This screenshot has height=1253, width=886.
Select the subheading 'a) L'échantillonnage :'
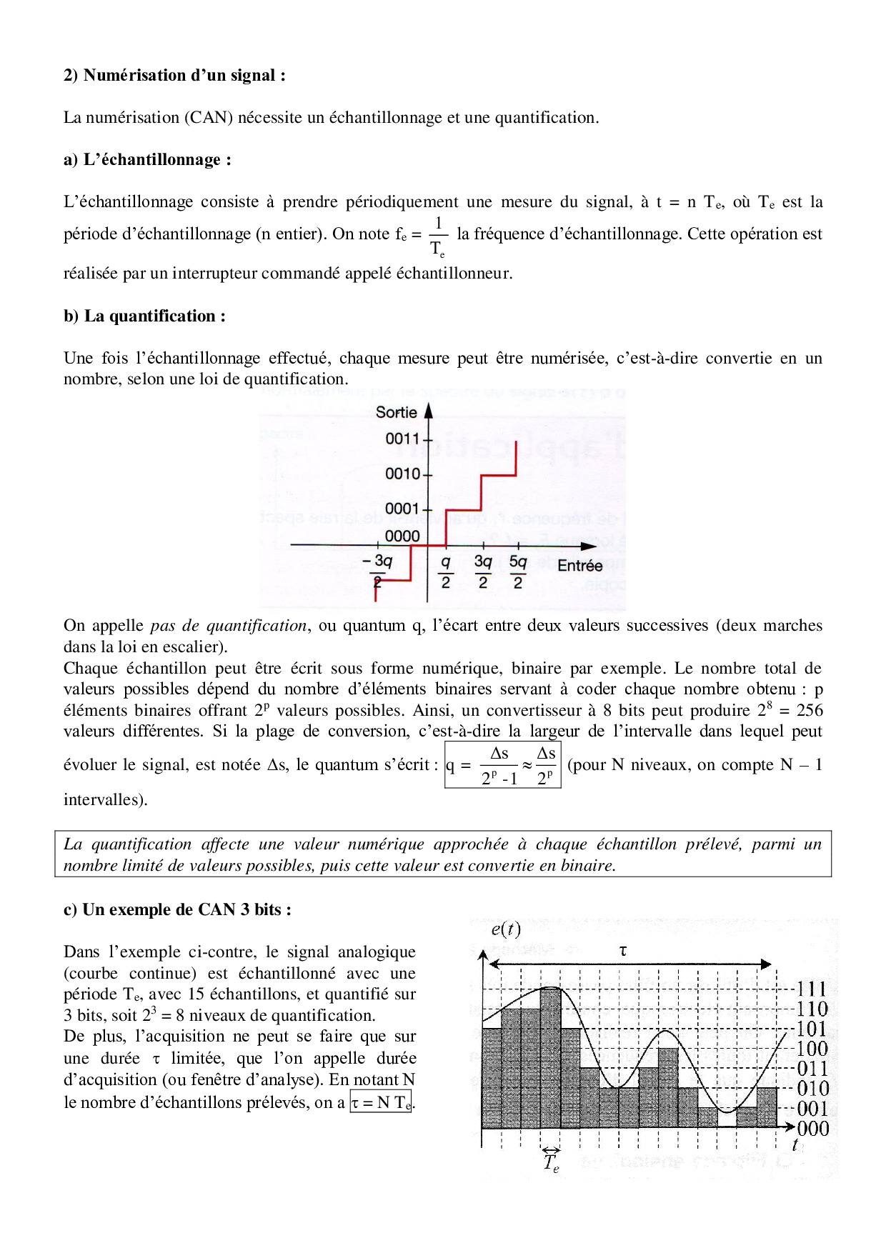(147, 160)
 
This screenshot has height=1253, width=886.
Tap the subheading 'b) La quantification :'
(144, 316)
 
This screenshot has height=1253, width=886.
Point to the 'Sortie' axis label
(396, 412)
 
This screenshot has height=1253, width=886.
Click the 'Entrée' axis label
(579, 566)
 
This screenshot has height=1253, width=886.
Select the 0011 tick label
(402, 439)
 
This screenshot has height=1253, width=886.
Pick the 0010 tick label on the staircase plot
(402, 474)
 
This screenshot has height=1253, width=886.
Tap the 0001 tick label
(402, 509)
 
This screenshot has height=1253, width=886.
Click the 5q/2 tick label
(518, 571)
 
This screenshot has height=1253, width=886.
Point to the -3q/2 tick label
(378, 571)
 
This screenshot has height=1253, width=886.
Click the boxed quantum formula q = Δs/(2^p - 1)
(502, 765)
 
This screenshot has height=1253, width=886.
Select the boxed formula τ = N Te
(381, 1102)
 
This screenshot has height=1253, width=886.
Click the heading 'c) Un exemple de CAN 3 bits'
(177, 910)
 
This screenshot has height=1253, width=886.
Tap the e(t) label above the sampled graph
(506, 929)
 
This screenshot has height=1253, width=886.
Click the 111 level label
(812, 989)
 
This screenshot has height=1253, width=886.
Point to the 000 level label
(812, 1129)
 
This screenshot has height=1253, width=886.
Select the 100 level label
(812, 1049)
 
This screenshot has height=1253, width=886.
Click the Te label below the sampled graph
(551, 1163)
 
